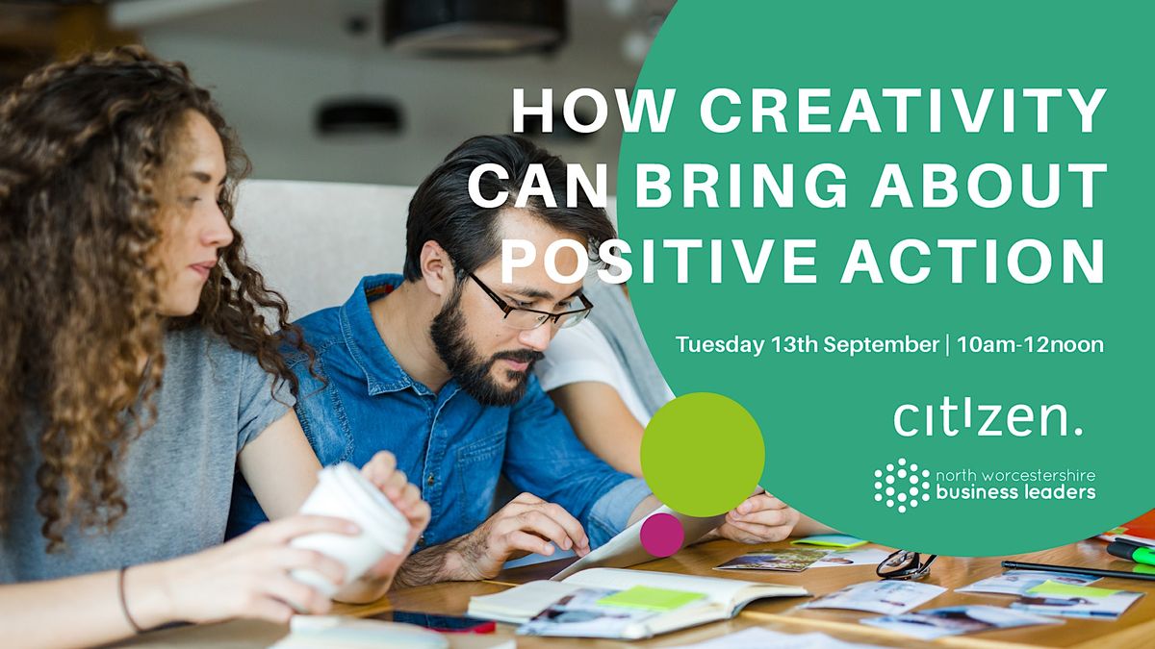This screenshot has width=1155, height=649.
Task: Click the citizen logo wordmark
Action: pos(988,417)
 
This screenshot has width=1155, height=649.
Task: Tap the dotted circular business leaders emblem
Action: pos(902,485)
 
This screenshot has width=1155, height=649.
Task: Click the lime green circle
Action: pos(702,454)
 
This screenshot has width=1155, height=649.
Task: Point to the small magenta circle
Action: pos(661,534)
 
